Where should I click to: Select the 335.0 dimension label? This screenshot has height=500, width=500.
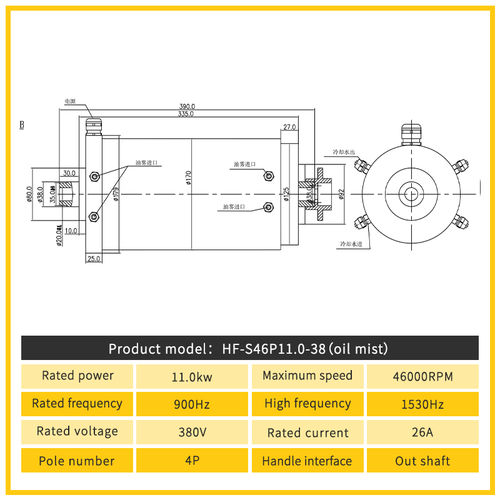click(186, 114)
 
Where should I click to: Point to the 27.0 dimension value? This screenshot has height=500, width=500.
click(289, 127)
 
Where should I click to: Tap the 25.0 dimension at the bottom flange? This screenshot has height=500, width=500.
click(94, 258)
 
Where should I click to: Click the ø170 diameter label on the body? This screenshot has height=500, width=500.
click(188, 178)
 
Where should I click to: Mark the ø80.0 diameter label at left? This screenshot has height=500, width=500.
click(29, 194)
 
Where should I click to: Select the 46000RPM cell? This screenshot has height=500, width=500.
click(422, 377)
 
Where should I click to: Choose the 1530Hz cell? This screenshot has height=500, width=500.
click(422, 404)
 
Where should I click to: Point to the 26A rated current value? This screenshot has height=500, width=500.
click(422, 432)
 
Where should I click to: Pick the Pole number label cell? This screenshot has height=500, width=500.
click(77, 461)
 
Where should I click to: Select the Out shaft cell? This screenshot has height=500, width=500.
click(422, 461)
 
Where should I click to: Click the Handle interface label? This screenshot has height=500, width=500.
click(307, 461)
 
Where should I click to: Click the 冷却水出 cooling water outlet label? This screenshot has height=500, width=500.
click(343, 152)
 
